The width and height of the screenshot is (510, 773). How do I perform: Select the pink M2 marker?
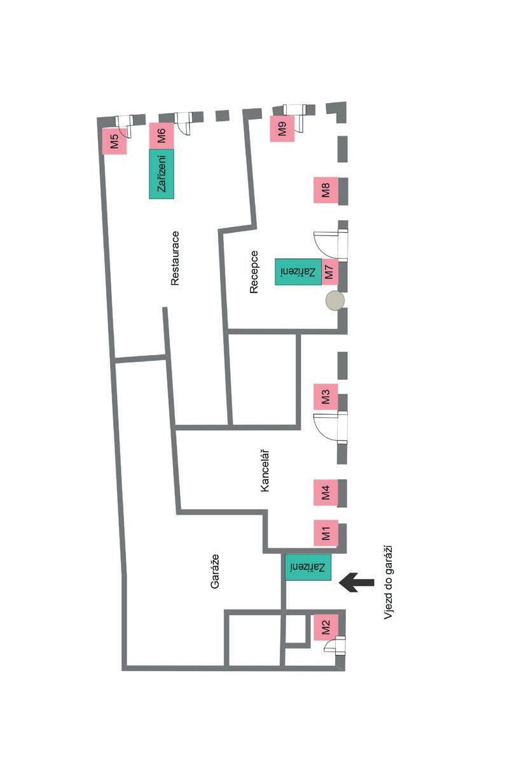coord(326,627)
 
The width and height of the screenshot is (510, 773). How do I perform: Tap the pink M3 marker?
coord(326,397)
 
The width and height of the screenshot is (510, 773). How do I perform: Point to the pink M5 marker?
coord(114,141)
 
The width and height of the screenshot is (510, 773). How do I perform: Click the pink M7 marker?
coord(329,272)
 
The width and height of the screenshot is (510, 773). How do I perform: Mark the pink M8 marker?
coord(326,190)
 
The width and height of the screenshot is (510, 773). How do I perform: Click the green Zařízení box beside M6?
coord(162,174)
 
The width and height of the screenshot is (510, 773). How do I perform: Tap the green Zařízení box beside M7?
coord(298,272)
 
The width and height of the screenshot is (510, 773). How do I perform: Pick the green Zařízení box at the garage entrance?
coord(308,567)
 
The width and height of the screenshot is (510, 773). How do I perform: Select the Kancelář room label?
coord(265,470)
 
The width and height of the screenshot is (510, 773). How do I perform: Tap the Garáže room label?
coord(215,571)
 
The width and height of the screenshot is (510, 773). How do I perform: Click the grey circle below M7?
coord(334,300)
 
